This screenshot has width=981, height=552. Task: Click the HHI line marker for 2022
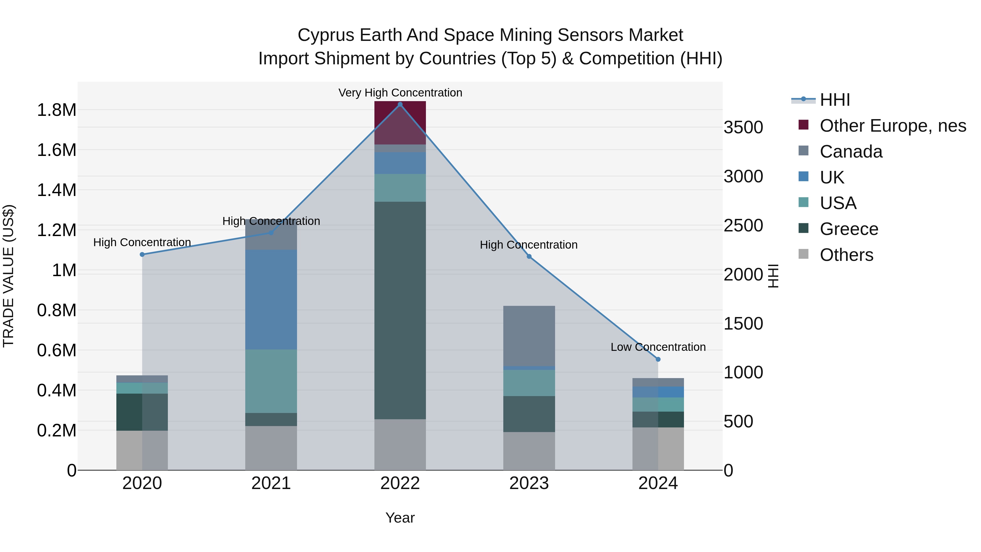tap(400, 104)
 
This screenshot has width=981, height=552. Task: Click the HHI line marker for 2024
tap(658, 359)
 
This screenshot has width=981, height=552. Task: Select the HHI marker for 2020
tap(142, 255)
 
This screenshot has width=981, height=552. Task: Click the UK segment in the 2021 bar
tap(271, 299)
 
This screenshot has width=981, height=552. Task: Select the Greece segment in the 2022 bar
tap(400, 310)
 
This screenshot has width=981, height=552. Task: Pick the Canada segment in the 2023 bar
tap(529, 336)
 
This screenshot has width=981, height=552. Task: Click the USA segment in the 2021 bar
tap(271, 381)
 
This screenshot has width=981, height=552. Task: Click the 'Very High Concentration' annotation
tap(400, 93)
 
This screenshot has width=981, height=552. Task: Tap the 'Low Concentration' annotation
tap(658, 347)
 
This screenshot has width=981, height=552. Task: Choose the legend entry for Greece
tap(849, 229)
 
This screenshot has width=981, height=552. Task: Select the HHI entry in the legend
tap(834, 100)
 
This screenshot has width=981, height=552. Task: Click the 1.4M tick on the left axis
tap(56, 190)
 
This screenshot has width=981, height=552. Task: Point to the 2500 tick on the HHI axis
tap(743, 225)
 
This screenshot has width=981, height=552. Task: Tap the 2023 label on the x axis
tap(529, 483)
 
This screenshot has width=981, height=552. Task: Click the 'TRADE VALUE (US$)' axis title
tap(8, 276)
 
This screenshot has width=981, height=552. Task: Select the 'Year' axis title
tap(400, 518)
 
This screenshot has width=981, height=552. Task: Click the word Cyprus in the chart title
tap(326, 35)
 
